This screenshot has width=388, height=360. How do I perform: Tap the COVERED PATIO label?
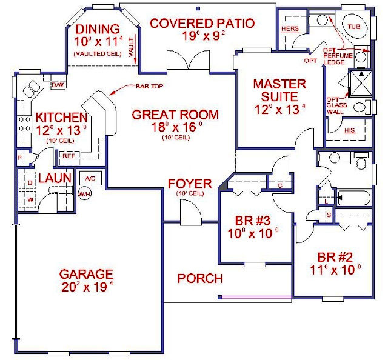tap(202, 24)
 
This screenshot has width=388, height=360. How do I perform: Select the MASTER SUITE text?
tap(279, 90)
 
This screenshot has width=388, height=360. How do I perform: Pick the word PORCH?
tap(199, 279)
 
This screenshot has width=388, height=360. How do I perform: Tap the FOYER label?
tap(190, 184)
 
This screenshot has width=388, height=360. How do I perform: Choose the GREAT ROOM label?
tap(175, 115)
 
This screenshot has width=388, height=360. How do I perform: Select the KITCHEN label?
tap(61, 117)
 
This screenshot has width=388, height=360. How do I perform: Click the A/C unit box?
tap(90, 178)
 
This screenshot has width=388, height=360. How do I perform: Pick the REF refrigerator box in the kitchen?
tap(69, 156)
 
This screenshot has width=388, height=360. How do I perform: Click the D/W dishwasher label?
tap(58, 85)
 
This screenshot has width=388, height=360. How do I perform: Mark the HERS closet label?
tap(289, 28)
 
